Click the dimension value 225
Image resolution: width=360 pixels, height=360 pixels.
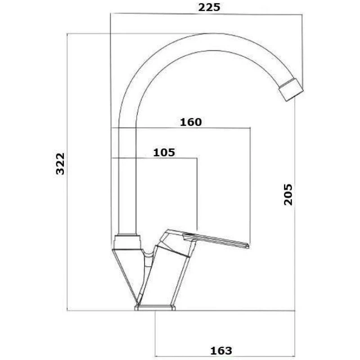point(209,7)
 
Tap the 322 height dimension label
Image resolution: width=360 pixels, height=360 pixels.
point(60,164)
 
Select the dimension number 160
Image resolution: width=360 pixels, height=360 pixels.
point(191,122)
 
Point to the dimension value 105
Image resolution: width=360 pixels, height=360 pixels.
point(164,153)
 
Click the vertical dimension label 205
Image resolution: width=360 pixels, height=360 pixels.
point(288,194)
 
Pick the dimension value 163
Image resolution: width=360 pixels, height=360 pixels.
point(221,351)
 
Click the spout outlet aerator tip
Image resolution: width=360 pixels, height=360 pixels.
point(291,90)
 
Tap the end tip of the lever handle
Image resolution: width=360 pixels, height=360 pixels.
point(248,246)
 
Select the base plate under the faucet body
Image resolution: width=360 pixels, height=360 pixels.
point(155,308)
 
